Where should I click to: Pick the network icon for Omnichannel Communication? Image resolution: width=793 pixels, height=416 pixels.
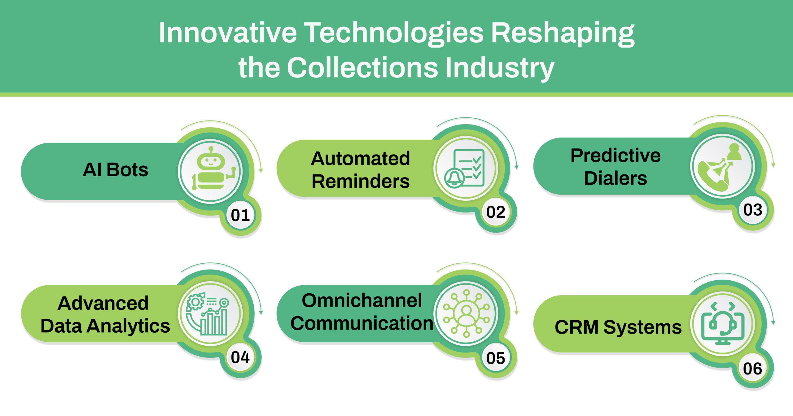coord(467,313)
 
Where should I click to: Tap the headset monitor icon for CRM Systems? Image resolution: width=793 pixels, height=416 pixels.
coord(723,323)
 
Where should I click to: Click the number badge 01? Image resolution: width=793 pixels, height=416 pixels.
coord(240,215)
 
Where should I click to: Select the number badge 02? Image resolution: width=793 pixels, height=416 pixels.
coord(496,212)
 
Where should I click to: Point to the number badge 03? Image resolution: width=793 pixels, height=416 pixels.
coord(753,210)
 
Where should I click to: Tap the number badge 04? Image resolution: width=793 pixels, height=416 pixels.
coord(240,357)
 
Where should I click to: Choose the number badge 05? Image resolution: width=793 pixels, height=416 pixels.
coord(496,358)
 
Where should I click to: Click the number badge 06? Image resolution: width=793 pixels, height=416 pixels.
coord(753,369)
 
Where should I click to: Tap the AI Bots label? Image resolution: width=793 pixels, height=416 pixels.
coord(116,170)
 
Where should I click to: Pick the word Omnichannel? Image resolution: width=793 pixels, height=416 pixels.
coord(362,300)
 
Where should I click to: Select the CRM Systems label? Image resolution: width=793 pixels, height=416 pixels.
coord(618,327)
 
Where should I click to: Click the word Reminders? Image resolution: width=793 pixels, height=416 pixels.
coord(361,181)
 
